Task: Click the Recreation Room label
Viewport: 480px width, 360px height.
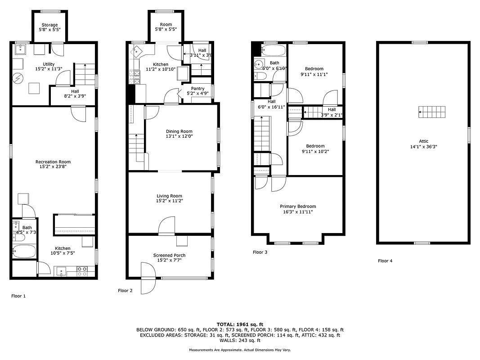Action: (x=53, y=162)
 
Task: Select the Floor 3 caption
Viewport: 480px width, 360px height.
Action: (x=260, y=252)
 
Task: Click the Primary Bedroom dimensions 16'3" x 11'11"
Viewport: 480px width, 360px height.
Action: (x=297, y=212)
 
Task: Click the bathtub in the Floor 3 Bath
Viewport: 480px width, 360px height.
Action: (x=273, y=49)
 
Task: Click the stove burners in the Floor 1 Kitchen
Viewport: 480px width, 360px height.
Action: (x=82, y=271)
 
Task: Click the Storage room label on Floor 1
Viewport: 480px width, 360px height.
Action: (x=49, y=25)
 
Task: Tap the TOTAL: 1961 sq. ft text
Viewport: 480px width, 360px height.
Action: (x=240, y=324)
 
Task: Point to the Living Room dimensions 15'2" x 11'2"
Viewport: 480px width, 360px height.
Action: (x=170, y=201)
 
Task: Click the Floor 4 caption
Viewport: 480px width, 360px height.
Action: (x=385, y=261)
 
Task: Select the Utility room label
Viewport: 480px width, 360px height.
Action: (x=49, y=64)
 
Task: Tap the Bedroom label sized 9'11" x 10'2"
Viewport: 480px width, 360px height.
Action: (x=315, y=146)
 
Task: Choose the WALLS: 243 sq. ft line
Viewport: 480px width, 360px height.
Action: (x=240, y=340)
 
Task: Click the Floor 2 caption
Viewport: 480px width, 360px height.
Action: (x=125, y=291)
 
